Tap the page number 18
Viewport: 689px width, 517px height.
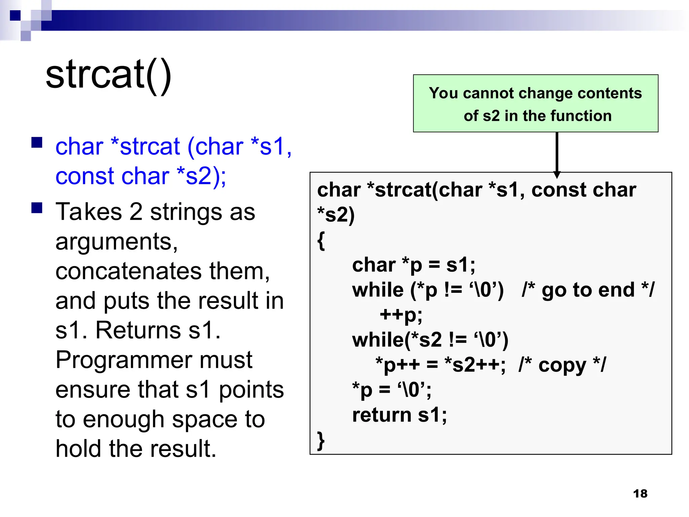tap(640, 493)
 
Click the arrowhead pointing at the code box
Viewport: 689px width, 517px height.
tap(557, 174)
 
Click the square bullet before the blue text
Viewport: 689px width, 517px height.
tap(37, 142)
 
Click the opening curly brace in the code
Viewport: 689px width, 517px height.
tap(321, 240)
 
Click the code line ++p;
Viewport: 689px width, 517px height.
tap(401, 315)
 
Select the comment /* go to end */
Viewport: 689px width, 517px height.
tap(588, 290)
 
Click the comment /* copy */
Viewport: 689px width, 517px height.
tap(562, 365)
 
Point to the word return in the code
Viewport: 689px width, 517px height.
tap(382, 415)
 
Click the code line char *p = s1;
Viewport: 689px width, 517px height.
tap(413, 265)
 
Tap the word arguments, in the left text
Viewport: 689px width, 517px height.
tap(116, 242)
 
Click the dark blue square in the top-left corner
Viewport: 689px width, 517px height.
tap(15, 15)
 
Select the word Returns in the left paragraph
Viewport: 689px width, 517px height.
tap(138, 330)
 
